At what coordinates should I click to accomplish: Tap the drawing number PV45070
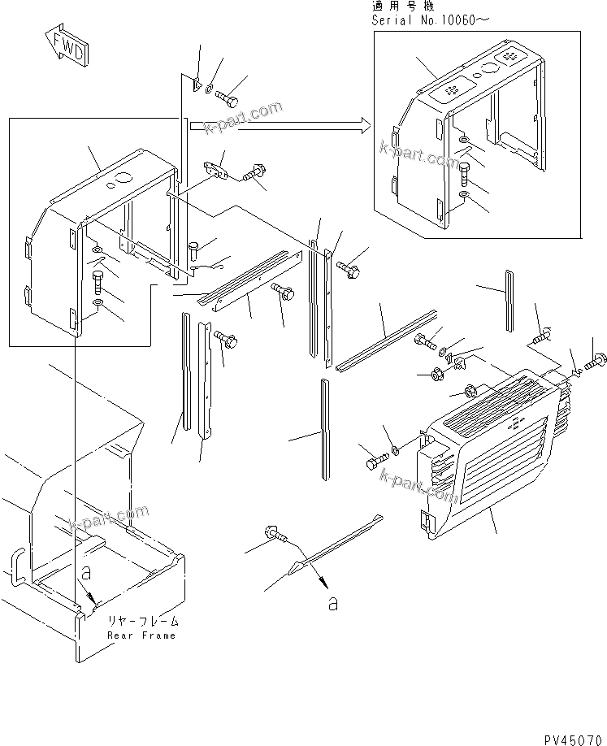coord(570,736)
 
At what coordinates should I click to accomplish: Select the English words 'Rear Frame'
coord(141,635)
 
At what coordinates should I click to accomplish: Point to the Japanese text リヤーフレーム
coord(143,621)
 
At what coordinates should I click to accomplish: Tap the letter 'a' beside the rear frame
coord(84,572)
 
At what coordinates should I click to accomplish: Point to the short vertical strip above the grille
coord(509,301)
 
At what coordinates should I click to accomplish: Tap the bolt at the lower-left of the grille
coord(369,462)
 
